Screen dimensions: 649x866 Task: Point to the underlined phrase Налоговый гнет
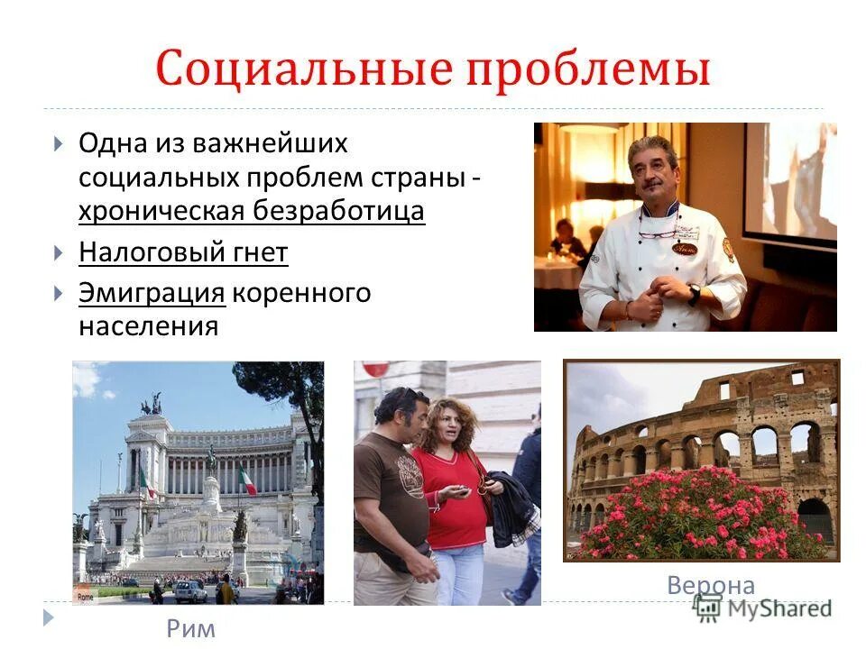183,253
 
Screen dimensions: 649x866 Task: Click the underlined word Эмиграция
151,294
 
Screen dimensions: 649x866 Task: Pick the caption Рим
191,628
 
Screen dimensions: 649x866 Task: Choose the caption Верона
711,585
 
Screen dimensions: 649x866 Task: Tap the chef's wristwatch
694,296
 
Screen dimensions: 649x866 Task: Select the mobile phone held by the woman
460,490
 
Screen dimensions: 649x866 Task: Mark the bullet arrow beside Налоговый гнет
58,253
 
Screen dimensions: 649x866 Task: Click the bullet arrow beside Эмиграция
58,294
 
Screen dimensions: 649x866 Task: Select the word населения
149,325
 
